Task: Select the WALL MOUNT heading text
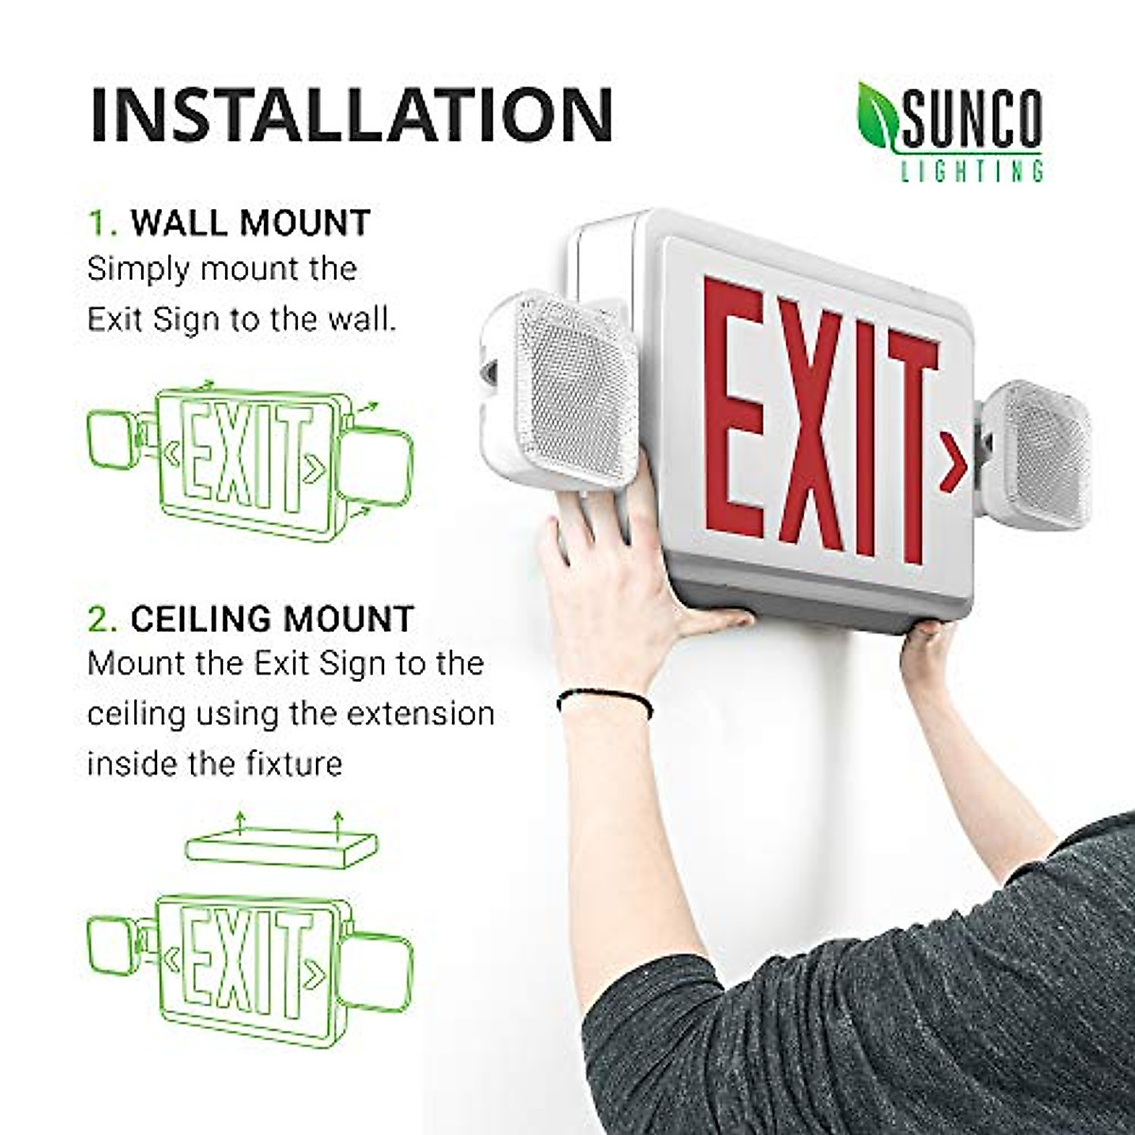click(x=251, y=223)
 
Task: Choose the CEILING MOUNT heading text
click(x=271, y=619)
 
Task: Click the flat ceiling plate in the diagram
click(x=281, y=843)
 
